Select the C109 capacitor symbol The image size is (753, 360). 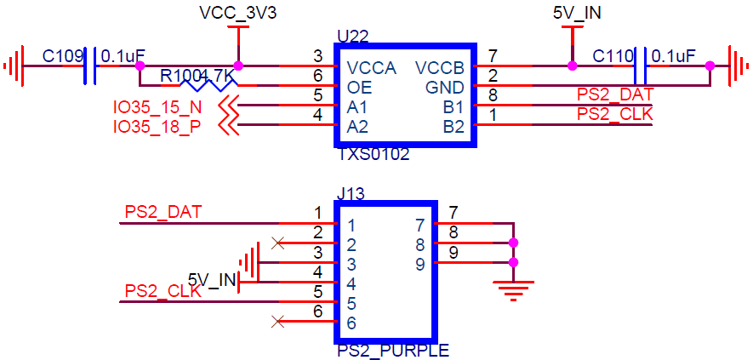coord(89,66)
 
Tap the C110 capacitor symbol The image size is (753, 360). coord(640,66)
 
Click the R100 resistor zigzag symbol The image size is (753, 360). coord(208,86)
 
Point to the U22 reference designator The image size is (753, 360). coord(353,37)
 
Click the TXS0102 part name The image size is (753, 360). coord(374,155)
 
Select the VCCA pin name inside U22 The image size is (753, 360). coord(372,69)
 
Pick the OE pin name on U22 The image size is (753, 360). coord(357,89)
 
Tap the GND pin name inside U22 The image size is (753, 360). coord(445,89)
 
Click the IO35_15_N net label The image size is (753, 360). coord(157,106)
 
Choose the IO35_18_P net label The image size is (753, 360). coord(157,127)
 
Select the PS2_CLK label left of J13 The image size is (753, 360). coord(163,291)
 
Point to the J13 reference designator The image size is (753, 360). coord(351,194)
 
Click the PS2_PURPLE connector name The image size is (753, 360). coord(393,351)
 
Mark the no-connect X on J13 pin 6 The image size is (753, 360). coord(277,321)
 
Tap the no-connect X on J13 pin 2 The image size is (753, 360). coord(277,243)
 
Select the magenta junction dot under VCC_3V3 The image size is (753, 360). coord(237,66)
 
